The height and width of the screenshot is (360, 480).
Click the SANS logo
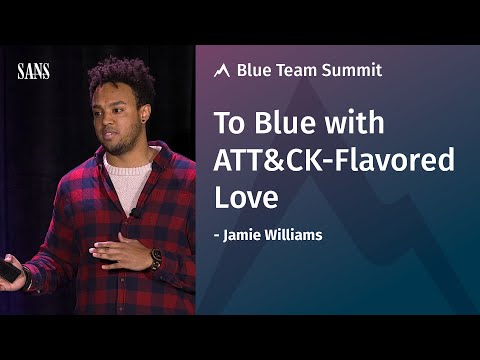click(33, 71)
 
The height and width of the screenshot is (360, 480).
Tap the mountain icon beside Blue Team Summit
click(223, 71)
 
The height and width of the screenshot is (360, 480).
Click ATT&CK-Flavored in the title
click(335, 160)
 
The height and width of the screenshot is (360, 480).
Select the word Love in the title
click(245, 197)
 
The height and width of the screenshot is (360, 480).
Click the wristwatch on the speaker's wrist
click(156, 258)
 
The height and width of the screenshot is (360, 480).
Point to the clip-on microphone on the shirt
click(133, 212)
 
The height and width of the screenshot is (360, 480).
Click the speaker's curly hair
click(120, 78)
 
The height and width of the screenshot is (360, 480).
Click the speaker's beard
click(122, 140)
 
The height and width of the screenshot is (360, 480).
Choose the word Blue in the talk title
click(279, 124)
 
